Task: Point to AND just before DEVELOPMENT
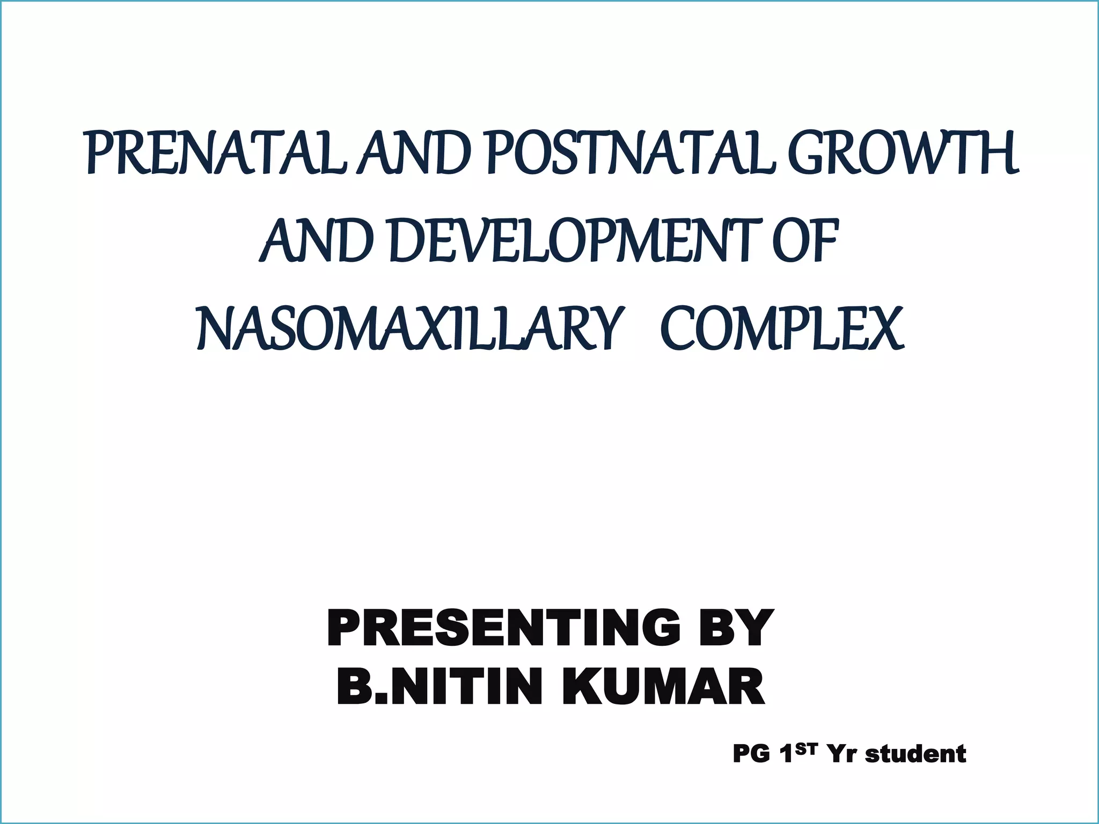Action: tap(317, 241)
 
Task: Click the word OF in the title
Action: tap(805, 241)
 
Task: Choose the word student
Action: tap(916, 754)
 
